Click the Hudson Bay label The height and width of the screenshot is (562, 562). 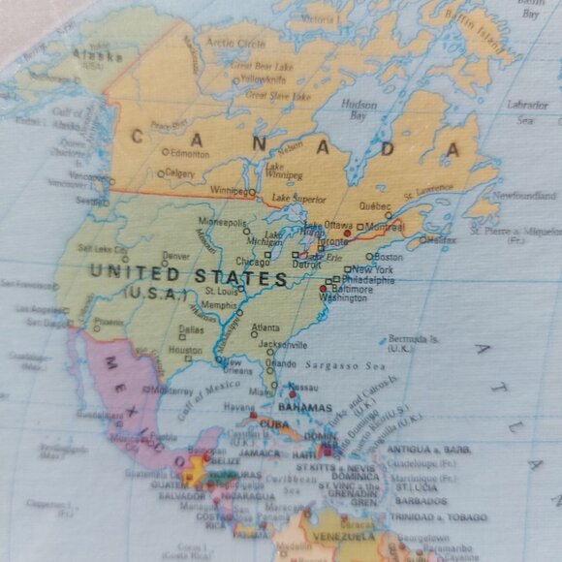tap(359, 109)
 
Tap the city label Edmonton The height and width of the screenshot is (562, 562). tap(189, 153)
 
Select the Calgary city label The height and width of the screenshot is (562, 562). tap(179, 173)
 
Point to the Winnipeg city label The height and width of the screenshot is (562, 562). tap(229, 191)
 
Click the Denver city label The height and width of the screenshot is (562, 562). tap(176, 257)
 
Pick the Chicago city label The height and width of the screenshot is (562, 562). tap(253, 262)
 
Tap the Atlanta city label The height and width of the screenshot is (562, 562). tap(265, 328)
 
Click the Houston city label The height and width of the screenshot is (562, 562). tap(185, 350)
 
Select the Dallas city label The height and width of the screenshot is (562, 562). tap(191, 328)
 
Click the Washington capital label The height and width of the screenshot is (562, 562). tap(343, 298)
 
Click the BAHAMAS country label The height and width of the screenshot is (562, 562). tap(304, 409)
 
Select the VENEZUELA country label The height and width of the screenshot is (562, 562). tap(343, 536)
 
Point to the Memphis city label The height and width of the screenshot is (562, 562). tap(219, 304)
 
